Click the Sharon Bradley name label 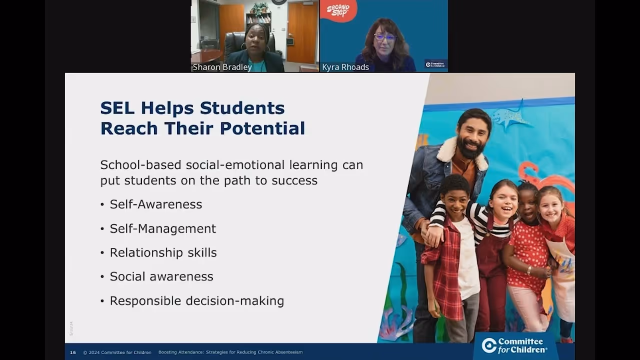point(222,67)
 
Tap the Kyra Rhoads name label point(345,67)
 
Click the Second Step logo point(338,10)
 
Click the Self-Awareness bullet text point(156,204)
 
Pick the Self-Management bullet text point(163,228)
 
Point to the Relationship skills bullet point(163,252)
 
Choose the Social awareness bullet point(161,276)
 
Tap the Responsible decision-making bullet point(196,301)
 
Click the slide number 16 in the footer point(73,352)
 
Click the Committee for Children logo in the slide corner point(514,345)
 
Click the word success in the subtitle point(294,180)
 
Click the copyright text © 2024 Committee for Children point(117,352)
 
